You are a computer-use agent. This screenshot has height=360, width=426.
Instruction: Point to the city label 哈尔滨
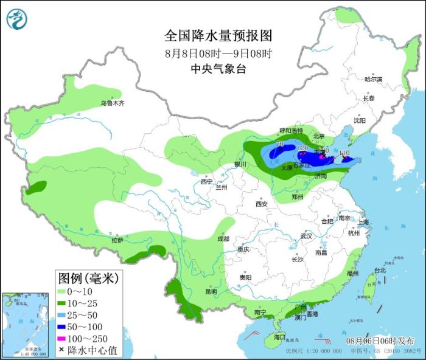(373, 80)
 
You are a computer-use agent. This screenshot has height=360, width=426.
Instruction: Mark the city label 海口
(279, 336)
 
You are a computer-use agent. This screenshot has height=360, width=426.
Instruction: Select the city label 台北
(379, 270)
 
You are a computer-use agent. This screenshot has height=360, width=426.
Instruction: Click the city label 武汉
(306, 236)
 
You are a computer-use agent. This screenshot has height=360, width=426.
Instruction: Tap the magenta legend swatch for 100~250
(64, 338)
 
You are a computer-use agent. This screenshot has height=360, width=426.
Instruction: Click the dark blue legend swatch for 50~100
(64, 326)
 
